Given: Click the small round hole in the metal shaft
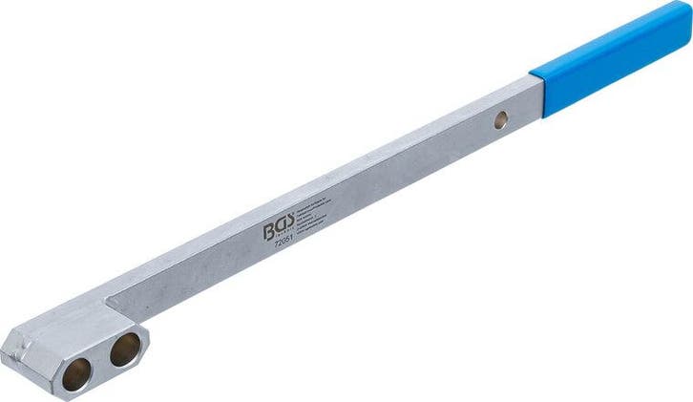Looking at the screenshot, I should click(x=499, y=120).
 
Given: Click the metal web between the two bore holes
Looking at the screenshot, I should click(x=99, y=362).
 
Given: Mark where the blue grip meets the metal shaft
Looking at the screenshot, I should click(x=537, y=92).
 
